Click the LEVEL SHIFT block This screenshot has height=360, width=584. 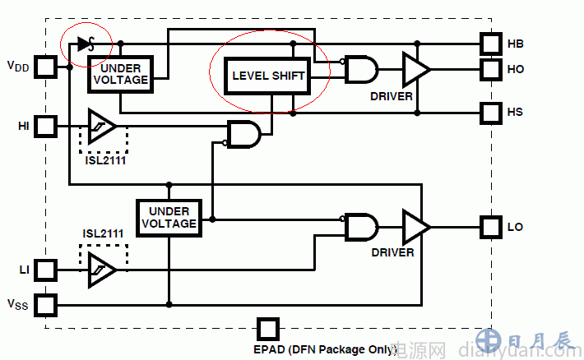[269, 76]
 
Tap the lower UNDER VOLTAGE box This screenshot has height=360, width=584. [169, 218]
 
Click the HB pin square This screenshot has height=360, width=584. [491, 43]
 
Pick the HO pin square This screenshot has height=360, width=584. [491, 69]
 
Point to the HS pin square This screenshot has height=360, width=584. [491, 112]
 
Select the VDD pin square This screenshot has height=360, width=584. [46, 66]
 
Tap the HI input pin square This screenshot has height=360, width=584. [46, 127]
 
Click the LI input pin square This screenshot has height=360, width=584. [46, 269]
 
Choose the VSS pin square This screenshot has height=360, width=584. [46, 304]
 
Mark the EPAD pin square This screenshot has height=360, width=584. [267, 329]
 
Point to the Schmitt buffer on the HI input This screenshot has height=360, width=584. [102, 127]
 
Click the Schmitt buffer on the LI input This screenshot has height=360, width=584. [102, 269]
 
